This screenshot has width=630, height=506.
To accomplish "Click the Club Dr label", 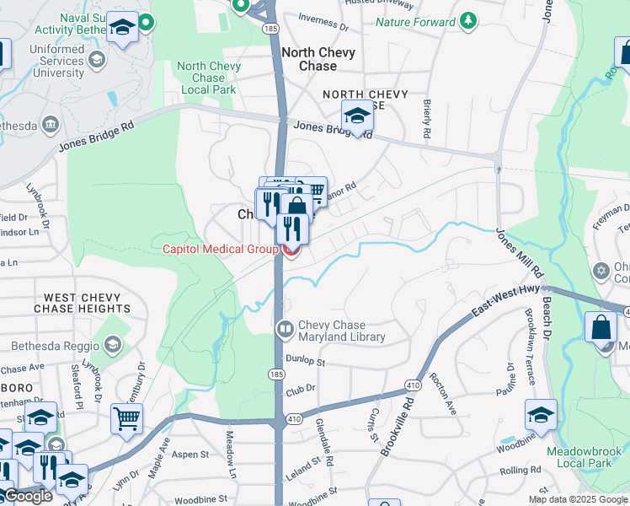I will (x=300, y=389).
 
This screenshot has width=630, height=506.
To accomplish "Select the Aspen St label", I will (x=190, y=455).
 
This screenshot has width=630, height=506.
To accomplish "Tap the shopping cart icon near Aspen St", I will (x=126, y=417).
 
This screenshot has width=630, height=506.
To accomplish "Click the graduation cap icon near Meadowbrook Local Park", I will (x=541, y=414).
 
